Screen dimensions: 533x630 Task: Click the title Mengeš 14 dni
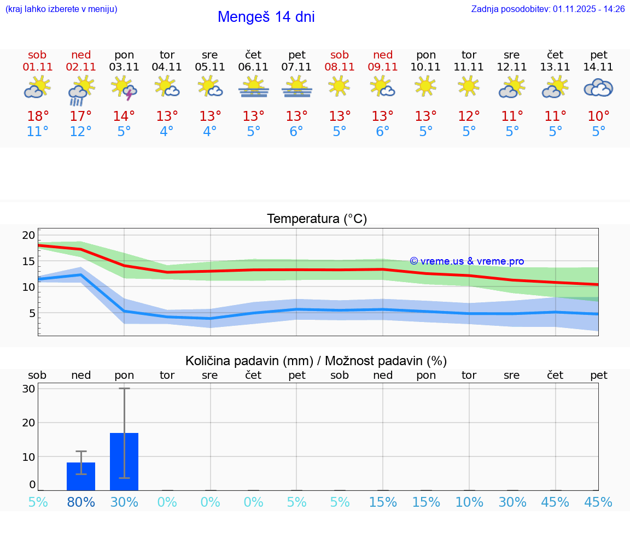(266, 17)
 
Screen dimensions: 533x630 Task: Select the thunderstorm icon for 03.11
(124, 88)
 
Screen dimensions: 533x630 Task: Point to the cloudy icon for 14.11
(598, 87)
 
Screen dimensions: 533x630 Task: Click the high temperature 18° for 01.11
(38, 116)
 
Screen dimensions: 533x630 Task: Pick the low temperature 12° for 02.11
(81, 132)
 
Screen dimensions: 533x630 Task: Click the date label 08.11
(340, 67)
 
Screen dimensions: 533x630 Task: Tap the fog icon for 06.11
(253, 87)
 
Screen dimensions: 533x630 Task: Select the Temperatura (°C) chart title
(317, 219)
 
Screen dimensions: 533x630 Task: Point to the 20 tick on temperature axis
(28, 236)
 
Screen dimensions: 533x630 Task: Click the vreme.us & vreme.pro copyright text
(467, 261)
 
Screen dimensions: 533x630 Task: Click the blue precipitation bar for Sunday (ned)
(81, 477)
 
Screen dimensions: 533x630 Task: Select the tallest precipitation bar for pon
(124, 462)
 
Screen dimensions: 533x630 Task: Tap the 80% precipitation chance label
(81, 502)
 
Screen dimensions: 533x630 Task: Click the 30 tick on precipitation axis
(28, 389)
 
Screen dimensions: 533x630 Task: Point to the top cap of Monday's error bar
(124, 388)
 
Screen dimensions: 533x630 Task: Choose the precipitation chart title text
(316, 361)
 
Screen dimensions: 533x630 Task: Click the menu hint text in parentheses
(61, 9)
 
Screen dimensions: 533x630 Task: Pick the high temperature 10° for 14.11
(598, 116)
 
